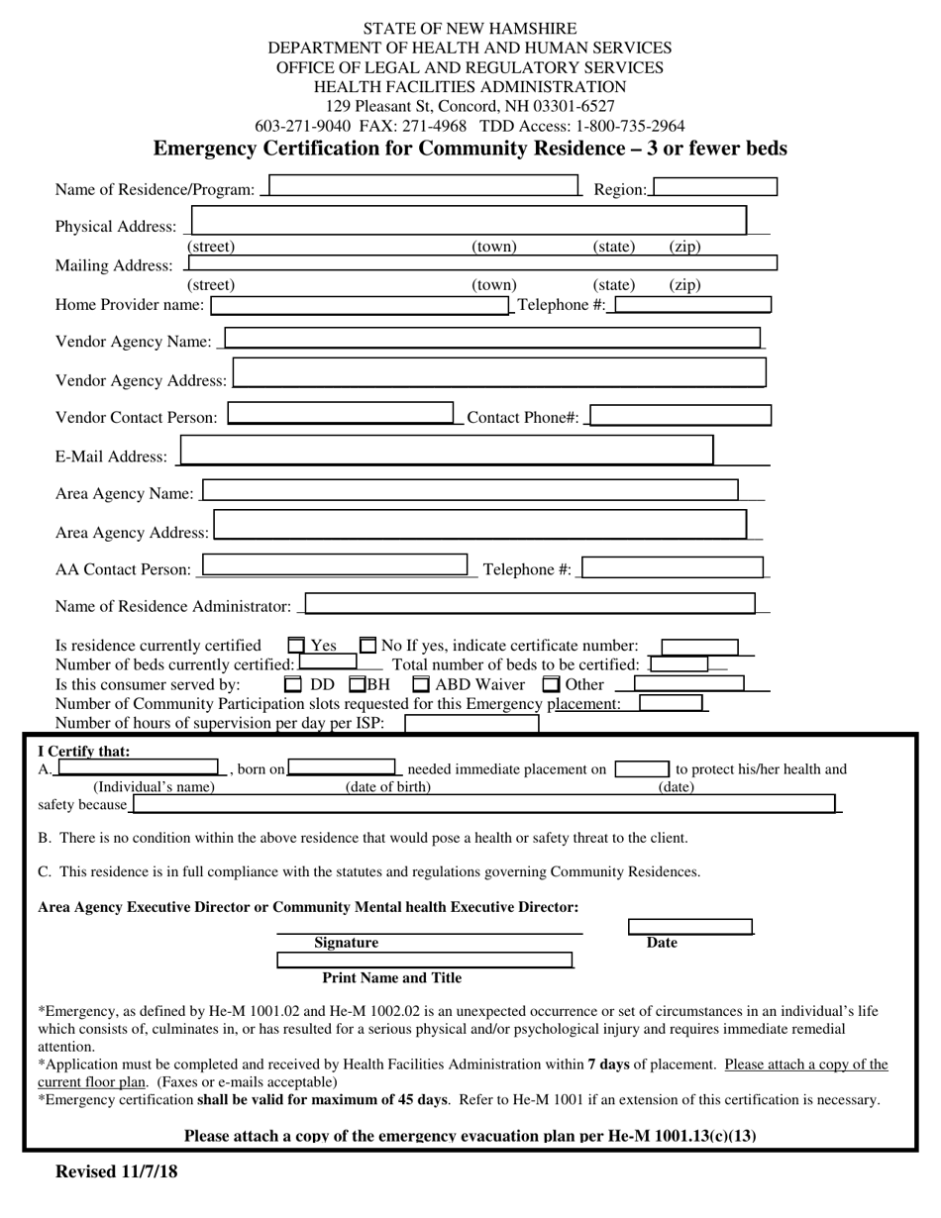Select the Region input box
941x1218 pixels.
714,187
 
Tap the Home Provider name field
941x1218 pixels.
361,305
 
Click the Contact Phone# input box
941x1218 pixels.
680,416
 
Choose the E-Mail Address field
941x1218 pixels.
446,451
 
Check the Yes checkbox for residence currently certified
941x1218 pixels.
296,646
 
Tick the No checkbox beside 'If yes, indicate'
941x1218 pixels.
367,646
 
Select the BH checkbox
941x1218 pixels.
358,684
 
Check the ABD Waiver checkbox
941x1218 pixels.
421,684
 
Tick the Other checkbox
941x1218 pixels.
552,684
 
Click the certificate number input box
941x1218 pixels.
699,647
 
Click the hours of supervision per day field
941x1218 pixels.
471,723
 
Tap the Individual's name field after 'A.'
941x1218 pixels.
138,767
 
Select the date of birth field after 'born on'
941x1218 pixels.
341,767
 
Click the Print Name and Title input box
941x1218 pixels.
424,960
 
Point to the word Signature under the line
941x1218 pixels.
346,943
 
